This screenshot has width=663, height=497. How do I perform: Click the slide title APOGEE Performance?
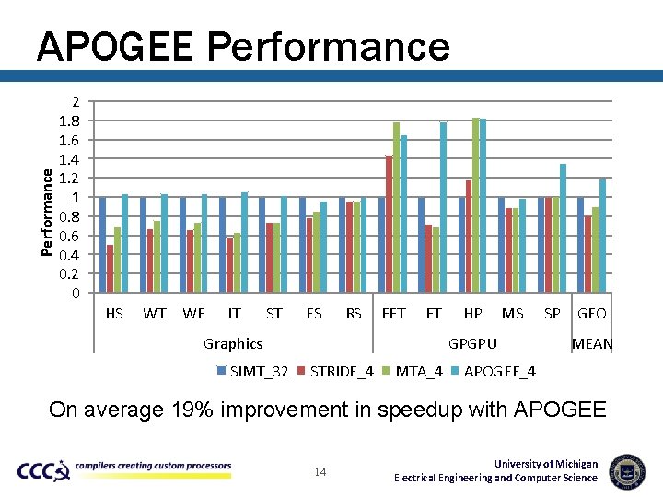[243, 45]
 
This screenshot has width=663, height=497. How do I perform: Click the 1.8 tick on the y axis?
[70, 121]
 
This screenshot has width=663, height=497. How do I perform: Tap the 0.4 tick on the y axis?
[70, 255]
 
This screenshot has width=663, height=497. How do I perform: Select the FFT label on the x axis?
[393, 313]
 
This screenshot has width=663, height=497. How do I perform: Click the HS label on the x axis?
[114, 313]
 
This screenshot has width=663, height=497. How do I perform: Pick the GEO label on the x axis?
[591, 313]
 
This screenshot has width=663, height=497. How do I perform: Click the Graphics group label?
[233, 343]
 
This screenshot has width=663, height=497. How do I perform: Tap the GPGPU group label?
[472, 343]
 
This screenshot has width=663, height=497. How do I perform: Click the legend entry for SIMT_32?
[254, 371]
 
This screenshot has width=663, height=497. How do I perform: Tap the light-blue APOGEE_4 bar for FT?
[443, 207]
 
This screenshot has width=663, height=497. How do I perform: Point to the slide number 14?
[320, 472]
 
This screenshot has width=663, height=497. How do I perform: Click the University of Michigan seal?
[627, 470]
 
